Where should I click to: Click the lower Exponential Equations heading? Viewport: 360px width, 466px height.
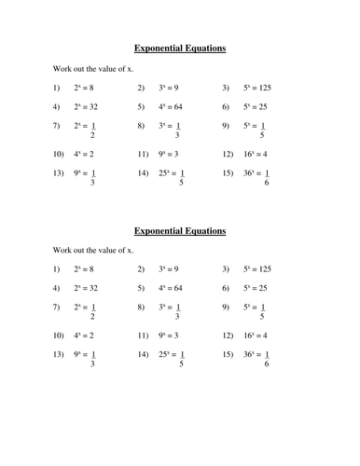180,229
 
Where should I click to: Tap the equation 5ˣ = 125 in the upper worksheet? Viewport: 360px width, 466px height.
265,88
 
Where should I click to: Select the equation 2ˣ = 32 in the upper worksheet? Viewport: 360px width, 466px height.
91,106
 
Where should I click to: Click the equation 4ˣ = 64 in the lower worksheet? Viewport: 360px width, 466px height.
177,289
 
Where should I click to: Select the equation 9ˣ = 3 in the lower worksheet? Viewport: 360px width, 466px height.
175,335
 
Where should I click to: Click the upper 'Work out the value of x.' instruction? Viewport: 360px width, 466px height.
92,68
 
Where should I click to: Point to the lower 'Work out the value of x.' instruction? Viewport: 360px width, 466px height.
92,251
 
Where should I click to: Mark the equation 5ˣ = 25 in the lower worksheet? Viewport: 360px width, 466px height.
262,289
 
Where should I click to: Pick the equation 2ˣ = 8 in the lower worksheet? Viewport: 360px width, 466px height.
89,270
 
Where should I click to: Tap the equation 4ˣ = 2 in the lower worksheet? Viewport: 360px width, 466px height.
89,335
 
